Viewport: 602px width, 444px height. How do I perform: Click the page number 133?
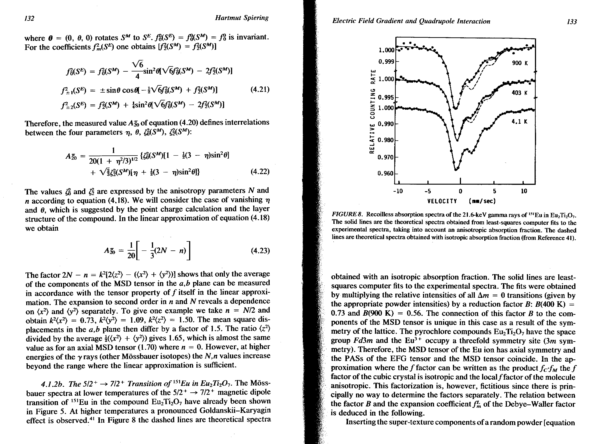(x=572, y=22)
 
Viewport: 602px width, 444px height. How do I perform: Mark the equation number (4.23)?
(x=260, y=251)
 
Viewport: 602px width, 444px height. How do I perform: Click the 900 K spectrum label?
(x=520, y=63)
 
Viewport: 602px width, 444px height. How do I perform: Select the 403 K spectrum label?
(x=519, y=93)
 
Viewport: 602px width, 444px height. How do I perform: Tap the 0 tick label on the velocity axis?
(x=460, y=191)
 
